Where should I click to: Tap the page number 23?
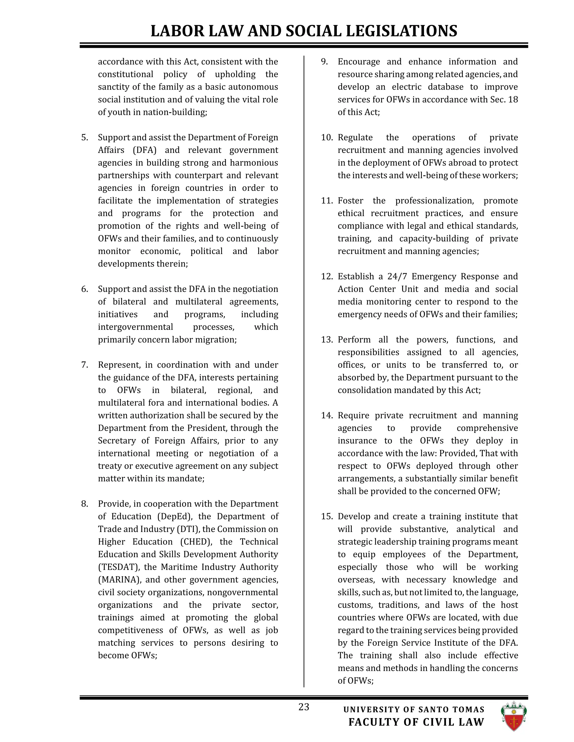click(304, 707)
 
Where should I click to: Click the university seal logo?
click(513, 716)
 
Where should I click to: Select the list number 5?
click(84, 137)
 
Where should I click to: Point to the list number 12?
click(327, 277)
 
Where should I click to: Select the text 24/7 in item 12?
click(397, 277)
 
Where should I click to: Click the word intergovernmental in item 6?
click(135, 327)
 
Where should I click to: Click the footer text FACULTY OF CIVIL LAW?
click(416, 722)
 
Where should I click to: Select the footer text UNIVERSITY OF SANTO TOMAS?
click(414, 710)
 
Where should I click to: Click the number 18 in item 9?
click(513, 100)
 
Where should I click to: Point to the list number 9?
click(324, 62)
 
